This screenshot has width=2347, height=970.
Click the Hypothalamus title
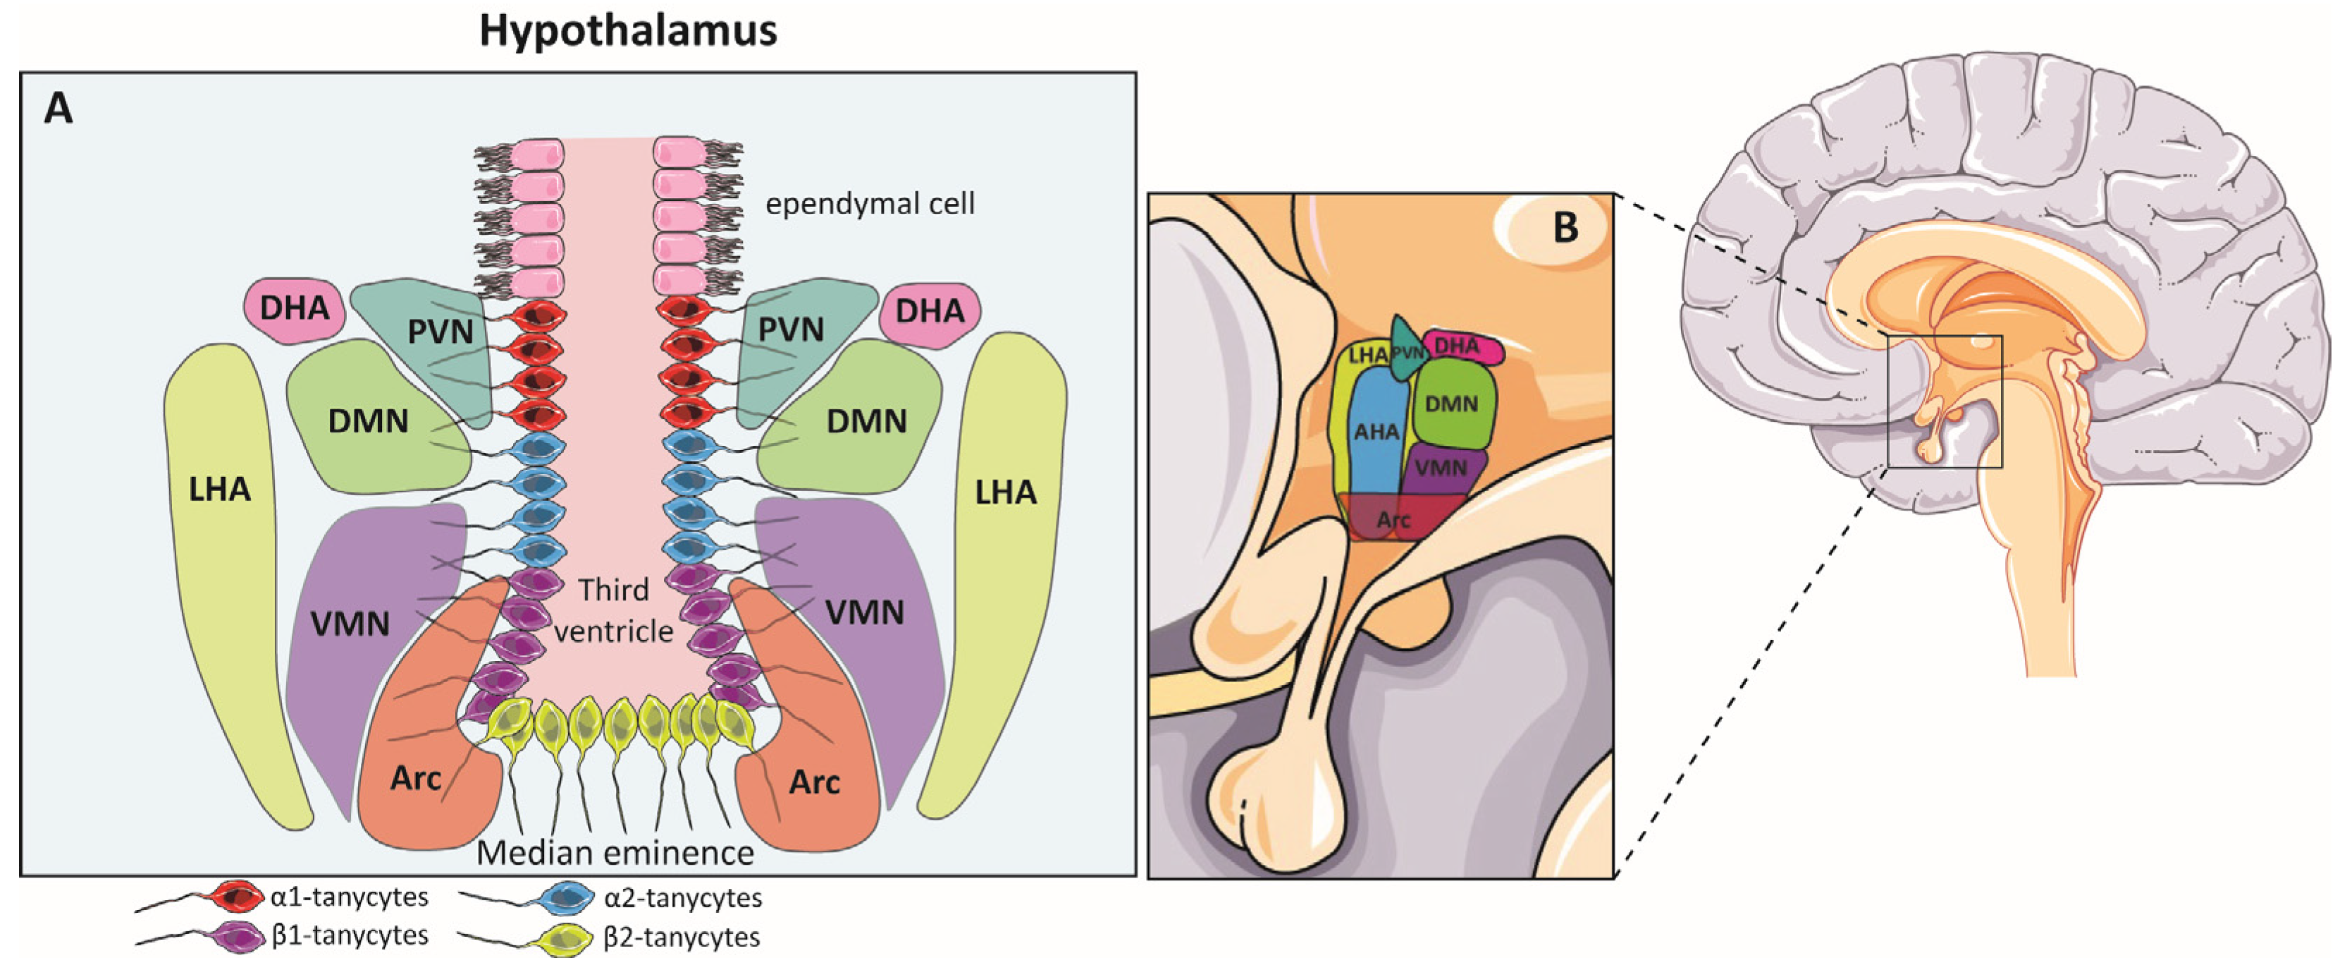(x=628, y=30)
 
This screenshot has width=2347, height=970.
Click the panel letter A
(x=59, y=109)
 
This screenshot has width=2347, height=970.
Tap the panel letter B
(x=1565, y=227)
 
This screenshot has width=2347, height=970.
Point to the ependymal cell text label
(x=869, y=203)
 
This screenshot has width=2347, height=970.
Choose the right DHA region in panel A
(x=930, y=312)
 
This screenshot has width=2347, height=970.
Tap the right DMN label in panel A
(x=866, y=422)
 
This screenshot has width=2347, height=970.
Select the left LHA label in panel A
(x=220, y=490)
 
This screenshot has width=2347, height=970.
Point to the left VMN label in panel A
(x=350, y=624)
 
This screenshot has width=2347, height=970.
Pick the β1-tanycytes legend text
(x=350, y=936)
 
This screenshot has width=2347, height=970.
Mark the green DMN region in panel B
(x=1450, y=403)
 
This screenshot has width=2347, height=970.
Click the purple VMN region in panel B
(x=1441, y=468)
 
